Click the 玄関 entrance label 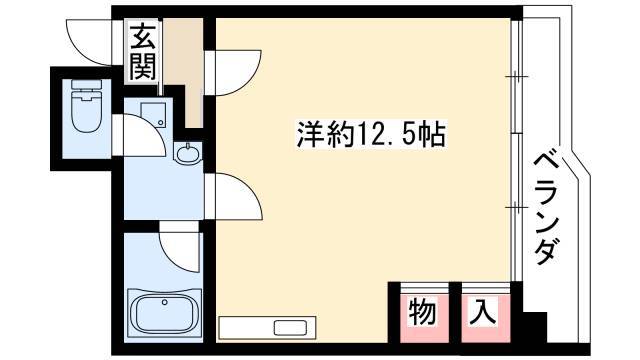coord(143,51)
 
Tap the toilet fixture coord(86,106)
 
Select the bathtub coord(164,312)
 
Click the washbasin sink coord(188,153)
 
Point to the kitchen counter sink coord(290,327)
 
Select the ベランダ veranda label coord(545,208)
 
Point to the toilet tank coord(86,84)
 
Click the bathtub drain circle coord(164,302)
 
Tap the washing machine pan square coord(153,115)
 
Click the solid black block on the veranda coord(534,328)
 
